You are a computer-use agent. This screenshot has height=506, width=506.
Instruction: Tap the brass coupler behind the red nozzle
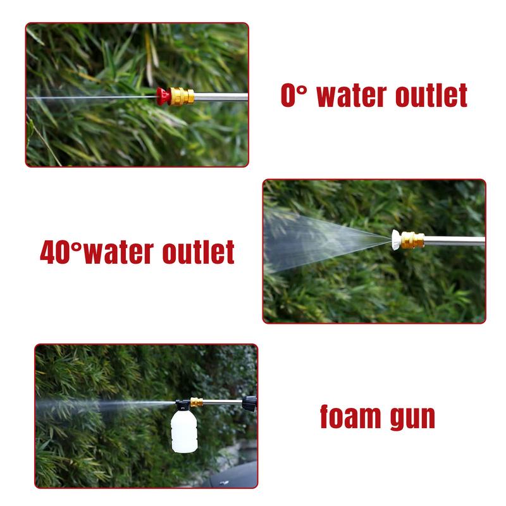(185, 96)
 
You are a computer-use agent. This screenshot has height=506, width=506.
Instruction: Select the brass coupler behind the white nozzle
(413, 239)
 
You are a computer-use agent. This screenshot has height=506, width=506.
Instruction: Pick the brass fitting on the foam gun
(197, 402)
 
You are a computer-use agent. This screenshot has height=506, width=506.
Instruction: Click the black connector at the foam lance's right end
(250, 402)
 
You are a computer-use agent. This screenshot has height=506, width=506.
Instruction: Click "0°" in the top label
(293, 95)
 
